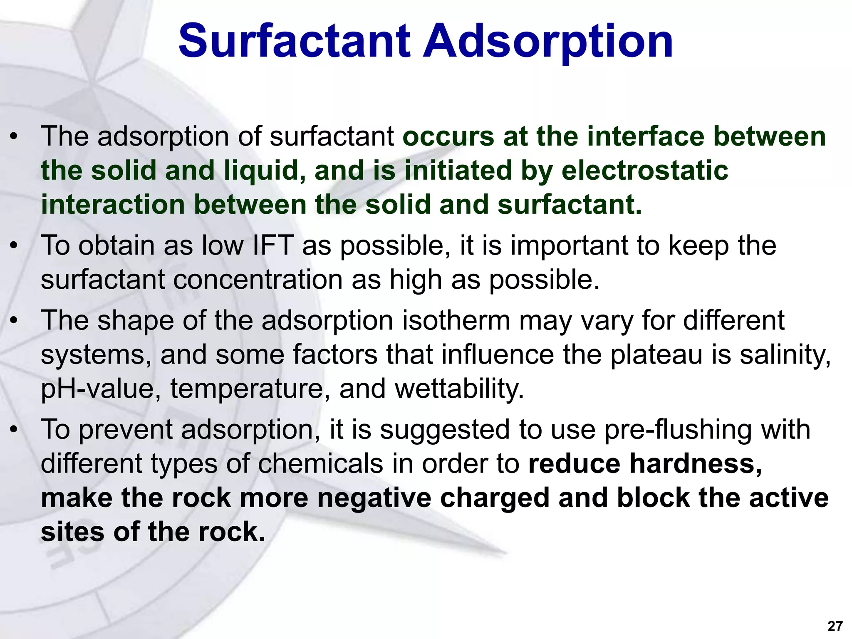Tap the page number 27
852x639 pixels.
835,626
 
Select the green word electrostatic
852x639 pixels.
644,171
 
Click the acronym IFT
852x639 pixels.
273,245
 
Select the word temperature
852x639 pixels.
247,389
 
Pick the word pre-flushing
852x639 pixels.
678,429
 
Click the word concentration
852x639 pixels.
258,280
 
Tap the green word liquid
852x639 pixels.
265,171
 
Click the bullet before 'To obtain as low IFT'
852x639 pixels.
15,246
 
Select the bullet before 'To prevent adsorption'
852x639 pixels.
15,430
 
